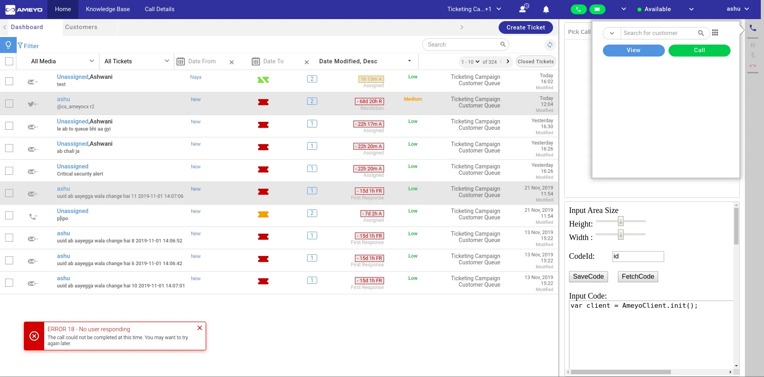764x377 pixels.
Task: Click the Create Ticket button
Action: click(x=526, y=27)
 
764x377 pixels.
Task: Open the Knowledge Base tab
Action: click(x=108, y=9)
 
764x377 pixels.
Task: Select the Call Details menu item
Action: click(x=160, y=9)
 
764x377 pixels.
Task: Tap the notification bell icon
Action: click(x=546, y=9)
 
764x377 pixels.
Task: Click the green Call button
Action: click(x=699, y=50)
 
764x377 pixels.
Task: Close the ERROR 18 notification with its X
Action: click(x=200, y=328)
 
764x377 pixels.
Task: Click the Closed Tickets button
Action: click(x=536, y=61)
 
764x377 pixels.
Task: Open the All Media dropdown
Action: click(x=62, y=61)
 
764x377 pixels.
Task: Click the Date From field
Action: click(x=202, y=61)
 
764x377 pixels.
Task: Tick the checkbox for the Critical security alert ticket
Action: click(x=9, y=171)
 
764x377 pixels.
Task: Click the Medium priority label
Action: click(x=413, y=99)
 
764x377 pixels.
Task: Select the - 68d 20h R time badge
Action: click(x=370, y=102)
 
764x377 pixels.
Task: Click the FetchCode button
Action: click(x=638, y=277)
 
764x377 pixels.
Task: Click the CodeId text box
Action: click(x=638, y=256)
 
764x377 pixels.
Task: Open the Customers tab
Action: click(x=81, y=27)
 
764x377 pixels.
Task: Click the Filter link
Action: click(x=28, y=46)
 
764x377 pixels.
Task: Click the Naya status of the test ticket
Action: click(x=196, y=77)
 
